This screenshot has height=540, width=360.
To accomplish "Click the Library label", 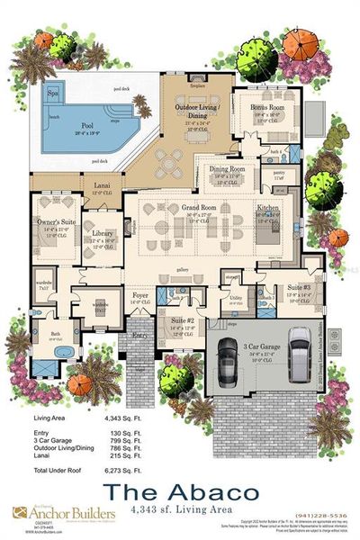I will tap(103, 233).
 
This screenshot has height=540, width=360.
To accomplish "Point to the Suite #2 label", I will tap(183, 319).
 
